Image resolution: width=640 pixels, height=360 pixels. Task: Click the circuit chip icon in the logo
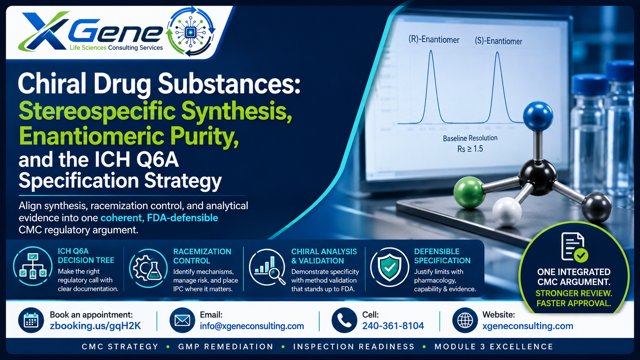[x=190, y=32]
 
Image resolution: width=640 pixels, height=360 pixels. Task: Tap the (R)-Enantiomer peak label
[x=434, y=39]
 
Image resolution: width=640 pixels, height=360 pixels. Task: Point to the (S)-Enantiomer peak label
[x=498, y=41]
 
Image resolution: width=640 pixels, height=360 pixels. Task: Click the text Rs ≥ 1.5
[x=470, y=149]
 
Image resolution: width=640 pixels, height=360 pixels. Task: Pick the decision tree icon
[x=33, y=266]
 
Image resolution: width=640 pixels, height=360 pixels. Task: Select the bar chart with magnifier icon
[x=268, y=267]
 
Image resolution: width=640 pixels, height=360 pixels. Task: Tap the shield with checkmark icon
[x=389, y=267]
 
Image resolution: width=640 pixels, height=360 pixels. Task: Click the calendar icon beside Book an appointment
[x=31, y=320]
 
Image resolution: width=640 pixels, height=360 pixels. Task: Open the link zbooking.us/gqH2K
[x=95, y=326]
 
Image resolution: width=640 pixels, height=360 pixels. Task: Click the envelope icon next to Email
[x=182, y=320]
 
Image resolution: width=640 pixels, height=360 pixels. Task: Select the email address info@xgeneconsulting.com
[x=252, y=326]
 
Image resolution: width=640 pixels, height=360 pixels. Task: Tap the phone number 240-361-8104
[x=393, y=326]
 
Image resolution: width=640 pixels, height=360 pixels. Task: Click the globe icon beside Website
[x=465, y=320]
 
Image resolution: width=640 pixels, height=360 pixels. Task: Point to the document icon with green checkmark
[x=574, y=247]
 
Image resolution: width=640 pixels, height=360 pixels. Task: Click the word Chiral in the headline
[x=52, y=84]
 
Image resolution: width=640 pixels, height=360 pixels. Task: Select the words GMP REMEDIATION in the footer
[x=226, y=347]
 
